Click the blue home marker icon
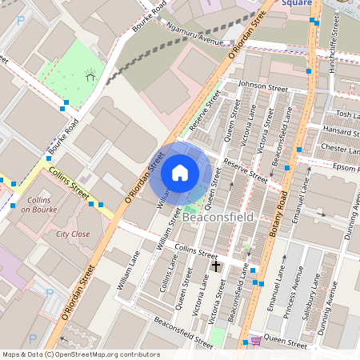point(180,173)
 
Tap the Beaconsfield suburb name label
point(218,218)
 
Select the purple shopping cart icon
point(255,341)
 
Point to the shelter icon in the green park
point(90,75)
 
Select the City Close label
point(73,234)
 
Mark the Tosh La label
point(344,114)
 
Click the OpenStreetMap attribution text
point(80,354)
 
